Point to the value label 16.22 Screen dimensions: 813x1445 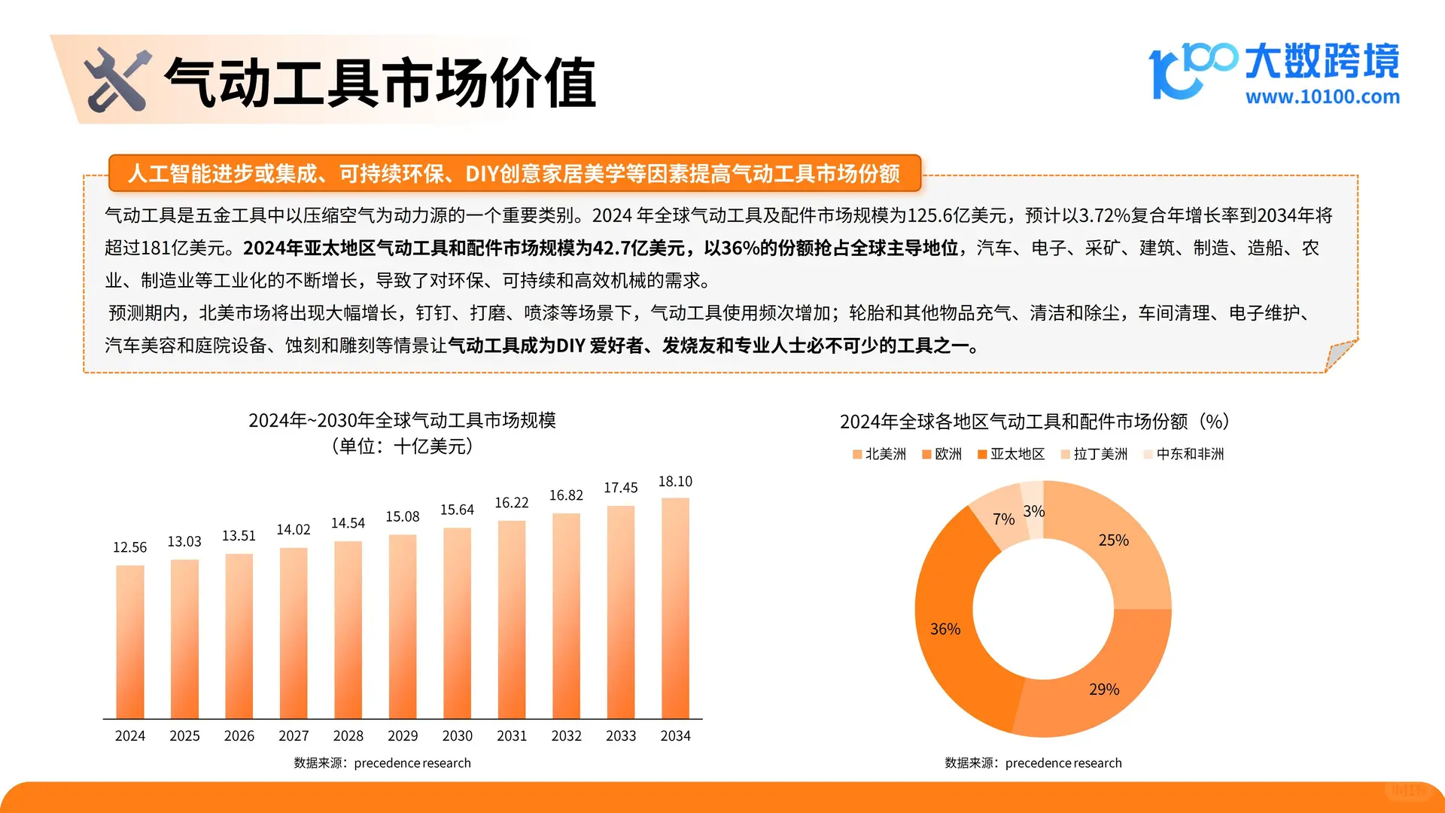click(512, 502)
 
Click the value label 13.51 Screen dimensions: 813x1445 click(239, 535)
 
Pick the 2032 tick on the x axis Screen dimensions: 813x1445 click(566, 735)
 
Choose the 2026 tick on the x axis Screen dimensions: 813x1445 click(239, 735)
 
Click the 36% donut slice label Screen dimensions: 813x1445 click(945, 629)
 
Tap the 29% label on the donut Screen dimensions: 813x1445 click(1104, 689)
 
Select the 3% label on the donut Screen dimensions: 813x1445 click(1034, 511)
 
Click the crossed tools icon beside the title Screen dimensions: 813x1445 click(117, 80)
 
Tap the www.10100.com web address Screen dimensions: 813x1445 click(1322, 96)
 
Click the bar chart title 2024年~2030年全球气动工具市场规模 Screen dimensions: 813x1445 click(402, 420)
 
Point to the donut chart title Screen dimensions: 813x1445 click(1034, 422)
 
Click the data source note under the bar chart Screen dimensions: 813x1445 click(382, 763)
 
